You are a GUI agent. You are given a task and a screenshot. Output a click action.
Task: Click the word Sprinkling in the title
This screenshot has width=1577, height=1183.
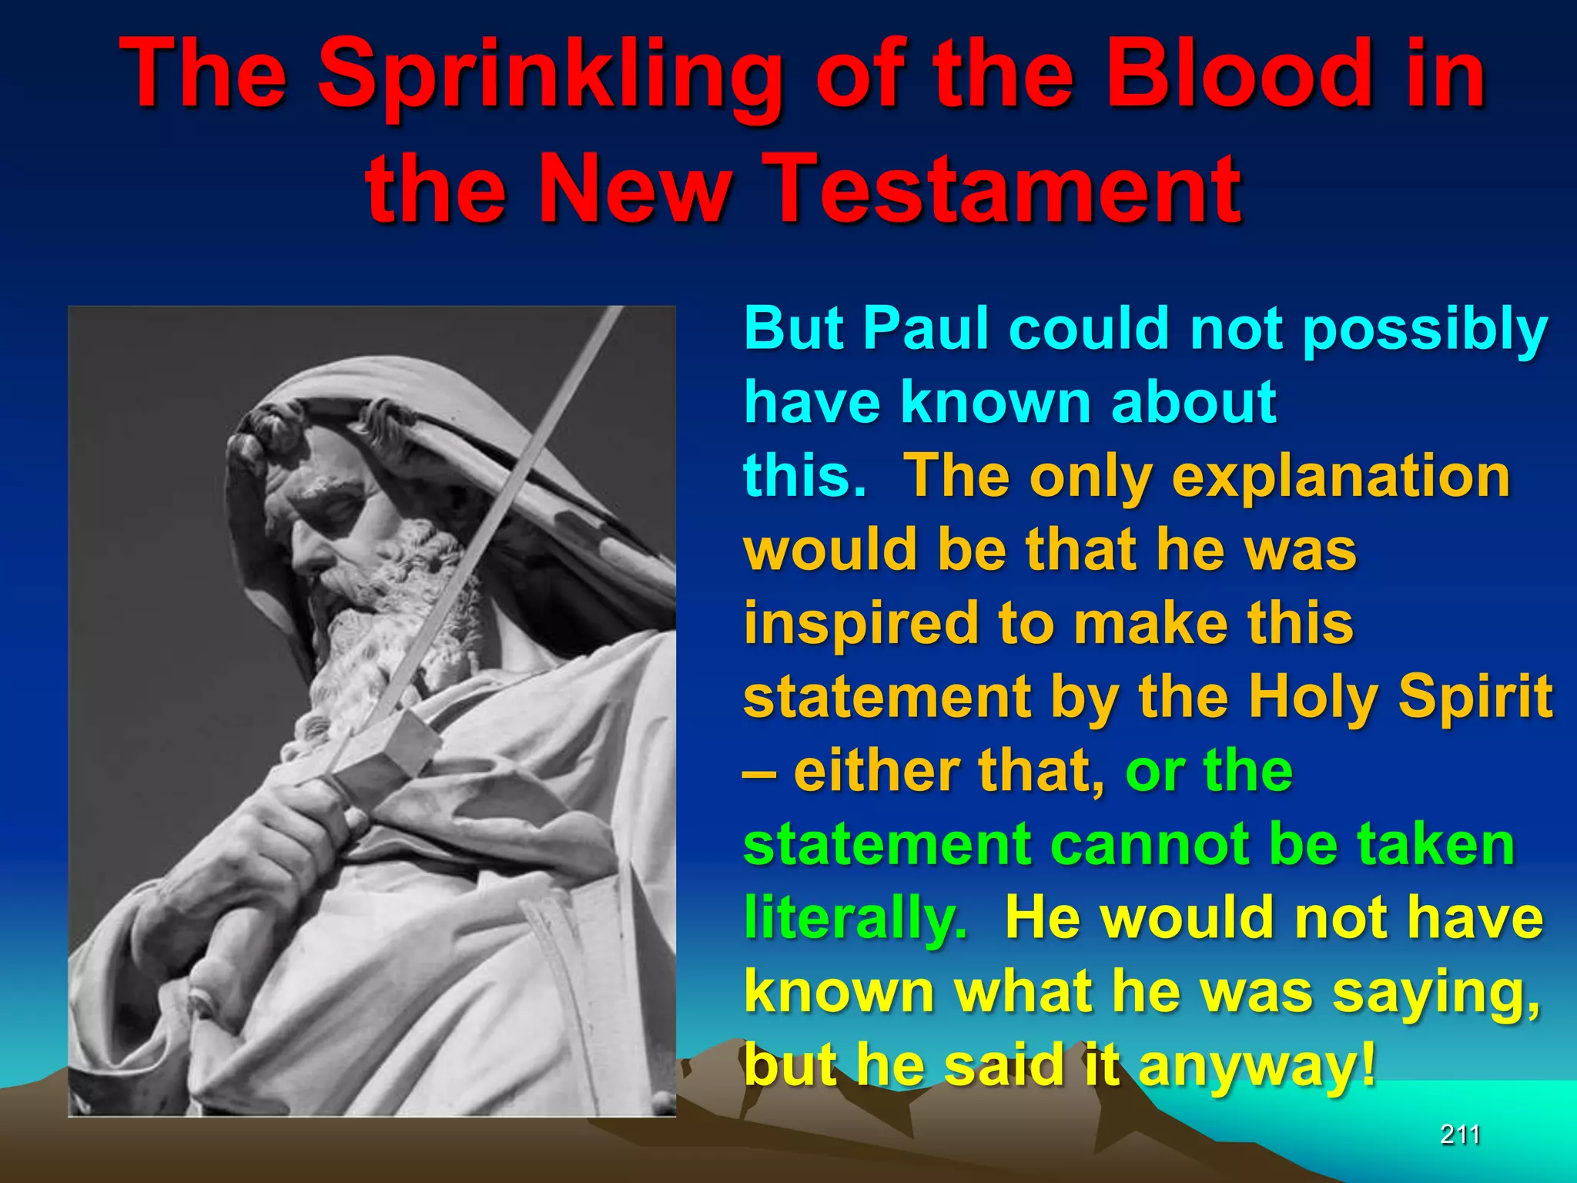[x=548, y=75]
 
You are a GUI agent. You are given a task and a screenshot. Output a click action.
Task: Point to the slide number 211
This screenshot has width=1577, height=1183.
[x=1460, y=1134]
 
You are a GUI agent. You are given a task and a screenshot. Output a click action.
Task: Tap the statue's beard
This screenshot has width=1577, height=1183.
[x=385, y=616]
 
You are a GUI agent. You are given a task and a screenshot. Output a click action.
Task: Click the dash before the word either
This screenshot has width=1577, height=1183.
[x=758, y=772]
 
